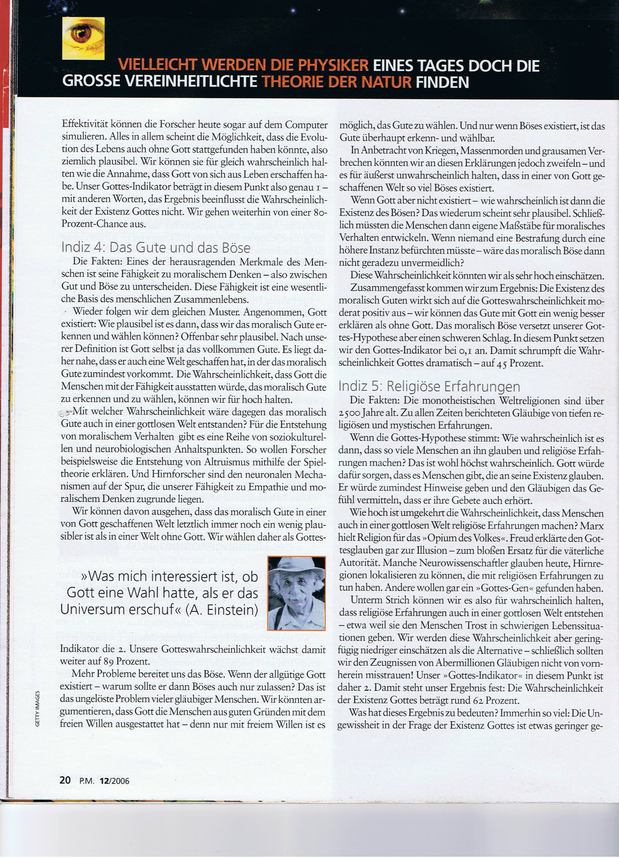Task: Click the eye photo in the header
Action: point(83,38)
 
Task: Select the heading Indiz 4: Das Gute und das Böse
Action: point(156,247)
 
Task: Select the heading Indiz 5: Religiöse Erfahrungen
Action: point(429,386)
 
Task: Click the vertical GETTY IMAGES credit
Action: point(37,709)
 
